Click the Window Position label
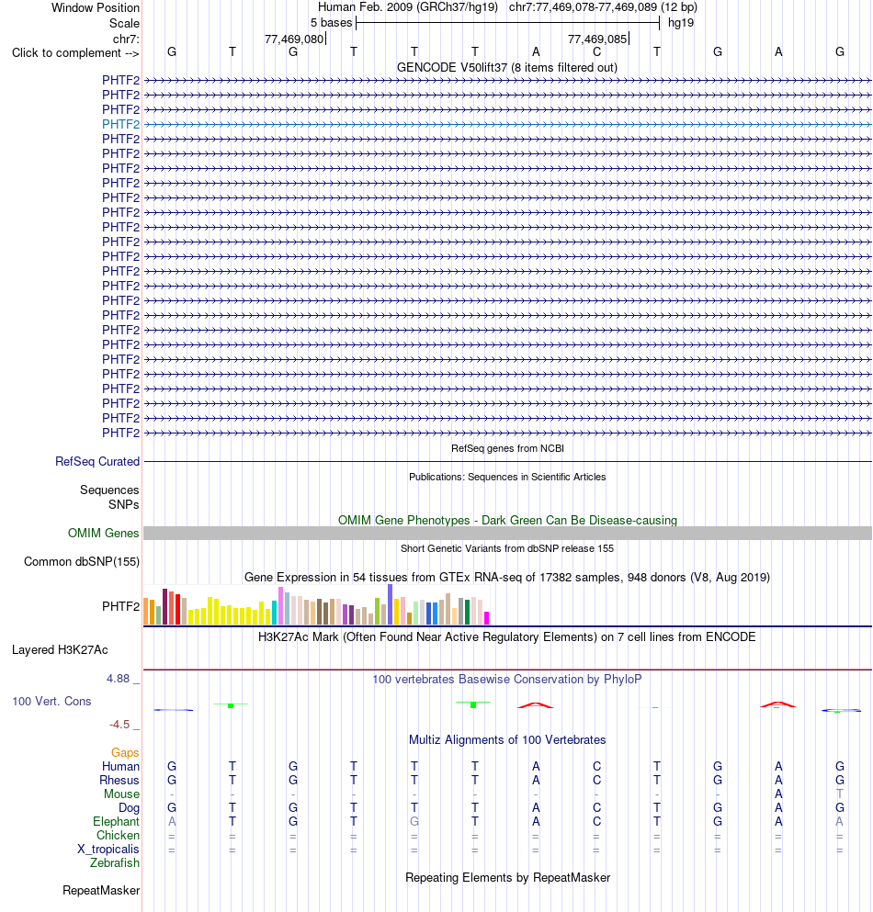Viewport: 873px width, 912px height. coord(96,8)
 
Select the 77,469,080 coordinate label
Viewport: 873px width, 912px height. coord(294,39)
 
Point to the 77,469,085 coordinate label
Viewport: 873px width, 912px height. coord(597,39)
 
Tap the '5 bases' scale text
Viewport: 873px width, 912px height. coord(331,23)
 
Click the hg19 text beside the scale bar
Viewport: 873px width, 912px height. coord(681,23)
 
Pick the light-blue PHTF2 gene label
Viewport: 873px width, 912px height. coord(121,124)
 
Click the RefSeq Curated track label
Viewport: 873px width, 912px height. coord(97,461)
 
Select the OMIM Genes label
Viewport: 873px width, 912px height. coord(104,533)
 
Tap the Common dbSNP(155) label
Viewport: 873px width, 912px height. coord(82,561)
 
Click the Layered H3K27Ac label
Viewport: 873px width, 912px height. coord(60,649)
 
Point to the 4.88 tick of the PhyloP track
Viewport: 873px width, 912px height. coord(119,678)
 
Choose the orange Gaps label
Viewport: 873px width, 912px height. coord(125,752)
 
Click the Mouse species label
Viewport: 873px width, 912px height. coord(121,794)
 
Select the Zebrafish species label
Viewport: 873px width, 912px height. coord(115,862)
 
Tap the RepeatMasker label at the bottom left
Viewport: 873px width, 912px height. coord(101,891)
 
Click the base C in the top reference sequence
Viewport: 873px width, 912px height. coord(596,51)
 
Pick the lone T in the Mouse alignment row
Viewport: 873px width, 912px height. coord(839,794)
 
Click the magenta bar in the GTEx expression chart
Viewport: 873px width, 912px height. coord(486,618)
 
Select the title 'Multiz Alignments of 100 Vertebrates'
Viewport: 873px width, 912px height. coord(507,740)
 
